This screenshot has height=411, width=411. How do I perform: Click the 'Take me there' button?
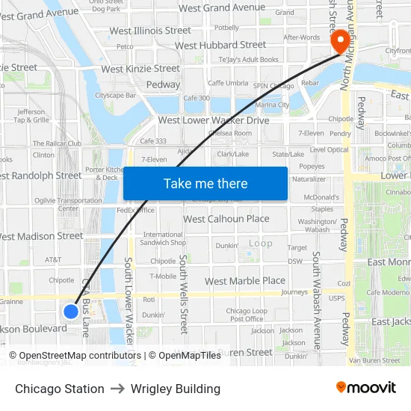[205, 184]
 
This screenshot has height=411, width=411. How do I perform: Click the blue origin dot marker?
[71, 311]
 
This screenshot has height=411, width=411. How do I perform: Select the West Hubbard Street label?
[220, 46]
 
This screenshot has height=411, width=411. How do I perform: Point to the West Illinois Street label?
[150, 31]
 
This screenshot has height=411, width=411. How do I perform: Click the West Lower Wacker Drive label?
[214, 120]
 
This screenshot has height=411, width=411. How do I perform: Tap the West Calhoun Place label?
[226, 219]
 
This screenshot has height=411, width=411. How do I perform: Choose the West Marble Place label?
[245, 281]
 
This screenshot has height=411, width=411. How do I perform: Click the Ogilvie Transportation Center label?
[69, 204]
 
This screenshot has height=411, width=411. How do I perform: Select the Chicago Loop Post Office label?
[247, 315]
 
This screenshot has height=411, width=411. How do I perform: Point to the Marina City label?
[273, 105]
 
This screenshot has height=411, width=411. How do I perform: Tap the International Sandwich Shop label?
[164, 238]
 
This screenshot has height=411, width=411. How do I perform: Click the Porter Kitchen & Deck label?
[102, 173]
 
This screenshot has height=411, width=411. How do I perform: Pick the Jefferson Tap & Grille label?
[31, 116]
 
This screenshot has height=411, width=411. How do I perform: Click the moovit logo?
[366, 387]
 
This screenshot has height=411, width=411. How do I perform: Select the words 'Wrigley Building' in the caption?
[176, 389]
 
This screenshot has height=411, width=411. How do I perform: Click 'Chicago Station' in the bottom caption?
[60, 389]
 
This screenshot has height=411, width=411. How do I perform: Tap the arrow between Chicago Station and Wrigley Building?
[117, 389]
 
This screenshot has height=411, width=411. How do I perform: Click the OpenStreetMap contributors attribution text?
[80, 356]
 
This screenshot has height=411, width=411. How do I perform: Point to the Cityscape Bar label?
[115, 96]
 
